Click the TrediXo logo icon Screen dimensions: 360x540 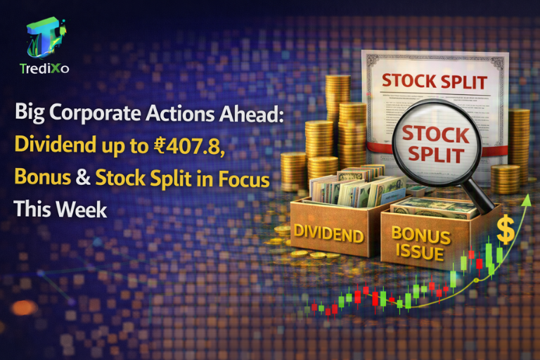click(x=45, y=39)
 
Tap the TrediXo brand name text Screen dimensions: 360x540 click(x=45, y=69)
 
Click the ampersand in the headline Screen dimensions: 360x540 click(x=83, y=179)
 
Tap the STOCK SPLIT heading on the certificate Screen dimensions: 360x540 click(x=434, y=81)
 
